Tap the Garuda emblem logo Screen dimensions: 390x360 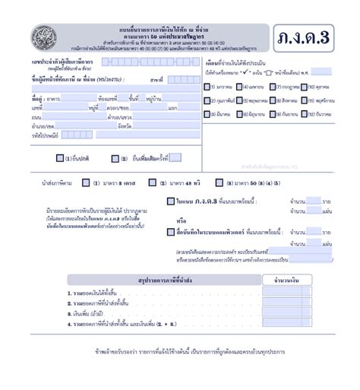pos(38,36)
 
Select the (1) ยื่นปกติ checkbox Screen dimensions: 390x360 pos(61,159)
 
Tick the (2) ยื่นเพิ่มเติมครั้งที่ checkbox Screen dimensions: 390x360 pos(115,159)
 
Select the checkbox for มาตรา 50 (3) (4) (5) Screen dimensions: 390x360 pos(219,183)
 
